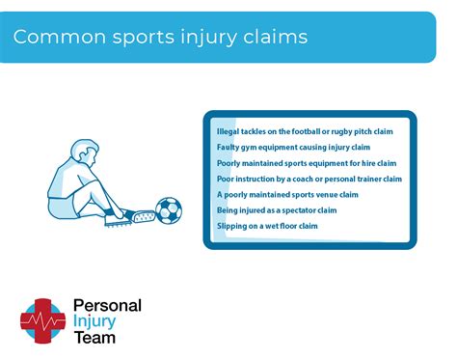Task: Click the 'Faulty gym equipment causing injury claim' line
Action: [293, 148]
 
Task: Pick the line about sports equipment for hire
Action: [307, 163]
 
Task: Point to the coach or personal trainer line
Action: [309, 179]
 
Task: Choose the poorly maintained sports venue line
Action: [287, 194]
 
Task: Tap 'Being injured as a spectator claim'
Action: [277, 209]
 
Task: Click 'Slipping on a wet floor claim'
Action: [267, 225]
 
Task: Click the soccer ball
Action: [169, 210]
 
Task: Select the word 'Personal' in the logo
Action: [107, 306]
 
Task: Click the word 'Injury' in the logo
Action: [96, 321]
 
